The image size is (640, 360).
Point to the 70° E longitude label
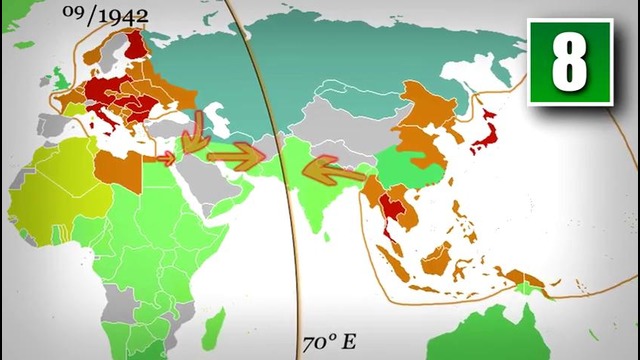coord(328,342)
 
